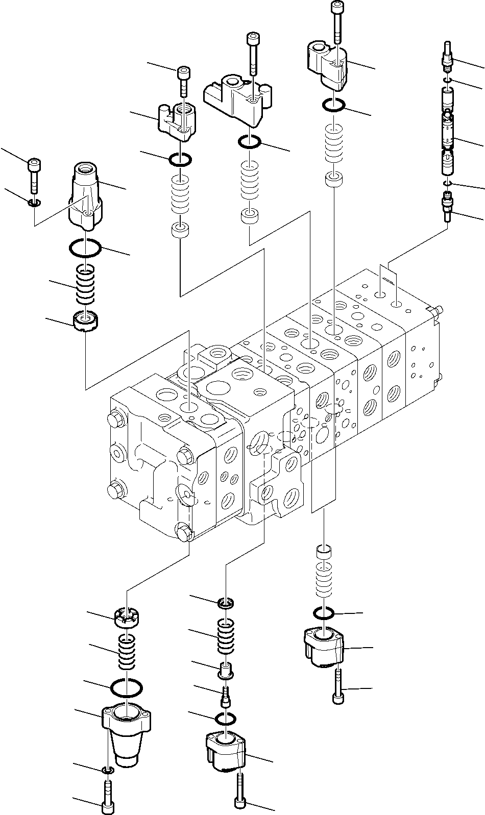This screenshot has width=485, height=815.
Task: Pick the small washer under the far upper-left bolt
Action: point(34,204)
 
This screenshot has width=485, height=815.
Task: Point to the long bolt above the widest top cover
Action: point(253,52)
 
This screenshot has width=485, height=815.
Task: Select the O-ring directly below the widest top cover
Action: point(250,142)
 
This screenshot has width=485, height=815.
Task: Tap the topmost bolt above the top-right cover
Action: point(337,20)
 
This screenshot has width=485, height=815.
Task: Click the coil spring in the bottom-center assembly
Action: point(226,636)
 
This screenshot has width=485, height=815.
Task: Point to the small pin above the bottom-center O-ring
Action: point(225,695)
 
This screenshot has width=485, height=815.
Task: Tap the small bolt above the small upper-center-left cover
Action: point(183,80)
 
